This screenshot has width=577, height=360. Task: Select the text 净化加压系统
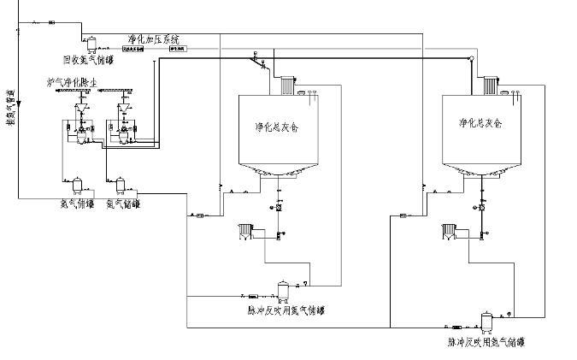[154, 39]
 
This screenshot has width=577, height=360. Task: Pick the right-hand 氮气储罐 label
[123, 204]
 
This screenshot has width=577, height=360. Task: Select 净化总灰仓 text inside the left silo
[273, 124]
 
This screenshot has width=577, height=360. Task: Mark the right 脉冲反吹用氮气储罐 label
[486, 341]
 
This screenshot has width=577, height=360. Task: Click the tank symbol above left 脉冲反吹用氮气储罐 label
[283, 291]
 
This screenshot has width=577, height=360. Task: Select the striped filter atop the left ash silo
[284, 86]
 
